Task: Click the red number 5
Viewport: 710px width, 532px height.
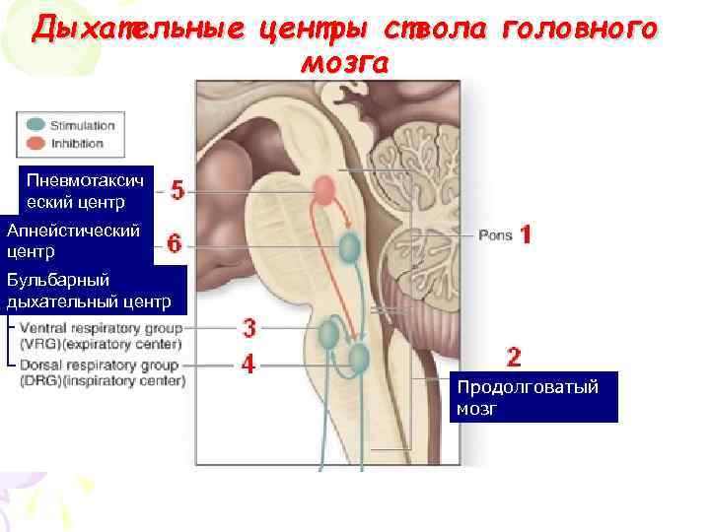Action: (177, 189)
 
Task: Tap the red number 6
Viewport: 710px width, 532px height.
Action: (175, 243)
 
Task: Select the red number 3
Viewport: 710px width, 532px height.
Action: (249, 327)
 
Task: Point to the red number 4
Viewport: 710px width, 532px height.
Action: (249, 365)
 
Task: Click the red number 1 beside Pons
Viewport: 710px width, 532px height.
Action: (527, 234)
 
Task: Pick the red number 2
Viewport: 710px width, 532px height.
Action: (514, 356)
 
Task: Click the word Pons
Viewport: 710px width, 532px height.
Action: (495, 235)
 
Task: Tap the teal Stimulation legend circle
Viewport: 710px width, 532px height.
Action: (35, 125)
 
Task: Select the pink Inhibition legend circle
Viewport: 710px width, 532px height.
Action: (35, 143)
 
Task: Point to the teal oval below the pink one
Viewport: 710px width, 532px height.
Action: (349, 247)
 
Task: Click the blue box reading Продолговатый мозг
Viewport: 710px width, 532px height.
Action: (533, 396)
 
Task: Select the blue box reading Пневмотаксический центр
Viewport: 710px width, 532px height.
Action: (87, 191)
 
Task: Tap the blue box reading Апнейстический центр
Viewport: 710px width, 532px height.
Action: (77, 241)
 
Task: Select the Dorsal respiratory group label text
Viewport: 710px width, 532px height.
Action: (102, 372)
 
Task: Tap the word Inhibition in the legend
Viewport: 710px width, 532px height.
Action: (77, 144)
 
